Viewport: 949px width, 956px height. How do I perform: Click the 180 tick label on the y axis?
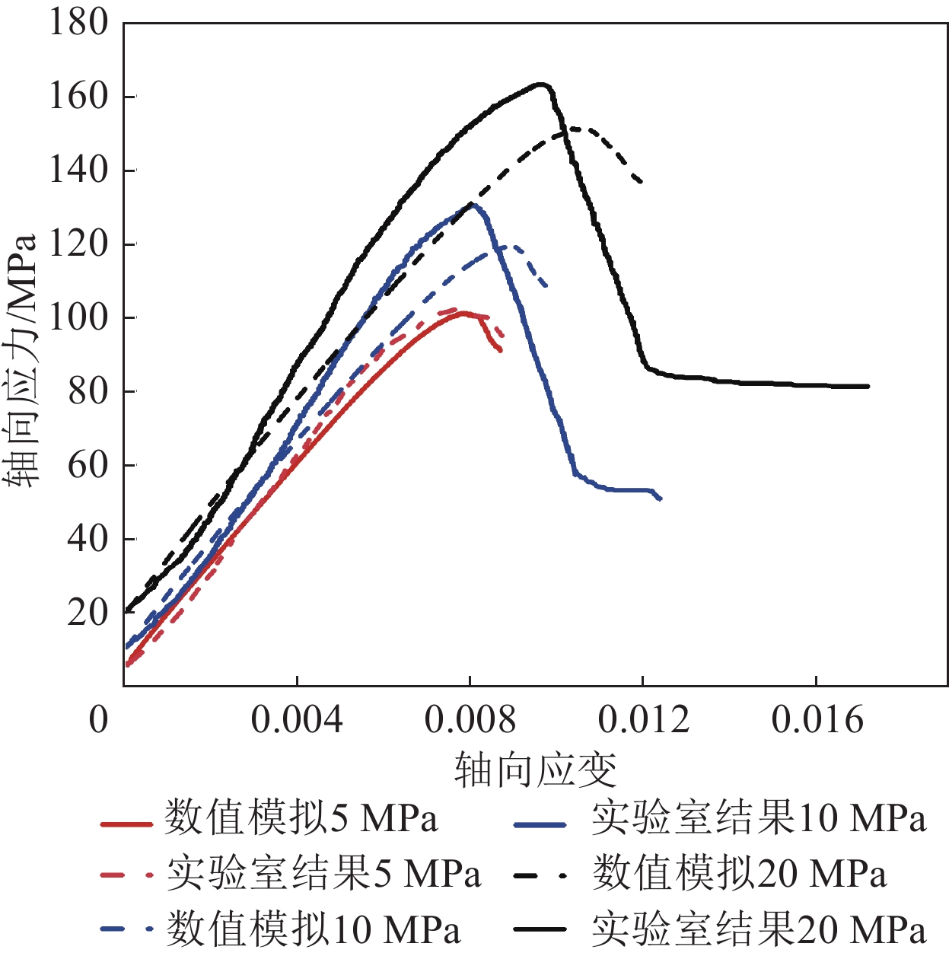[x=79, y=22]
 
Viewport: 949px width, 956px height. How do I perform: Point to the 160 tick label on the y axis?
[x=79, y=96]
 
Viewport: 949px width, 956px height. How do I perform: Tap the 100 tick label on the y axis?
[x=79, y=317]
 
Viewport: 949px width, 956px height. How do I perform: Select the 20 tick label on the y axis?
[x=88, y=612]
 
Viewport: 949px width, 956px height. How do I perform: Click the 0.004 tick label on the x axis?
[x=297, y=719]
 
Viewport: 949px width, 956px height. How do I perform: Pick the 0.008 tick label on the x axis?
[x=470, y=719]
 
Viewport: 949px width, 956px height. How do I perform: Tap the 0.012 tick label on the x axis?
[x=644, y=719]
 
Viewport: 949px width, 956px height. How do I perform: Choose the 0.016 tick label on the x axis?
[x=817, y=719]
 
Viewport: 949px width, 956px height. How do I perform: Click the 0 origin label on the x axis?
[x=99, y=719]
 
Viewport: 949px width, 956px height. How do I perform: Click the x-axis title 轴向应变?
[x=535, y=770]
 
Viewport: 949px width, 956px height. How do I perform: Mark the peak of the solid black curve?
[x=541, y=84]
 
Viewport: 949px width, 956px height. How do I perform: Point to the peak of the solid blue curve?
[x=473, y=204]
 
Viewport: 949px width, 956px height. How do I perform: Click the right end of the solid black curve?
[x=868, y=387]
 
